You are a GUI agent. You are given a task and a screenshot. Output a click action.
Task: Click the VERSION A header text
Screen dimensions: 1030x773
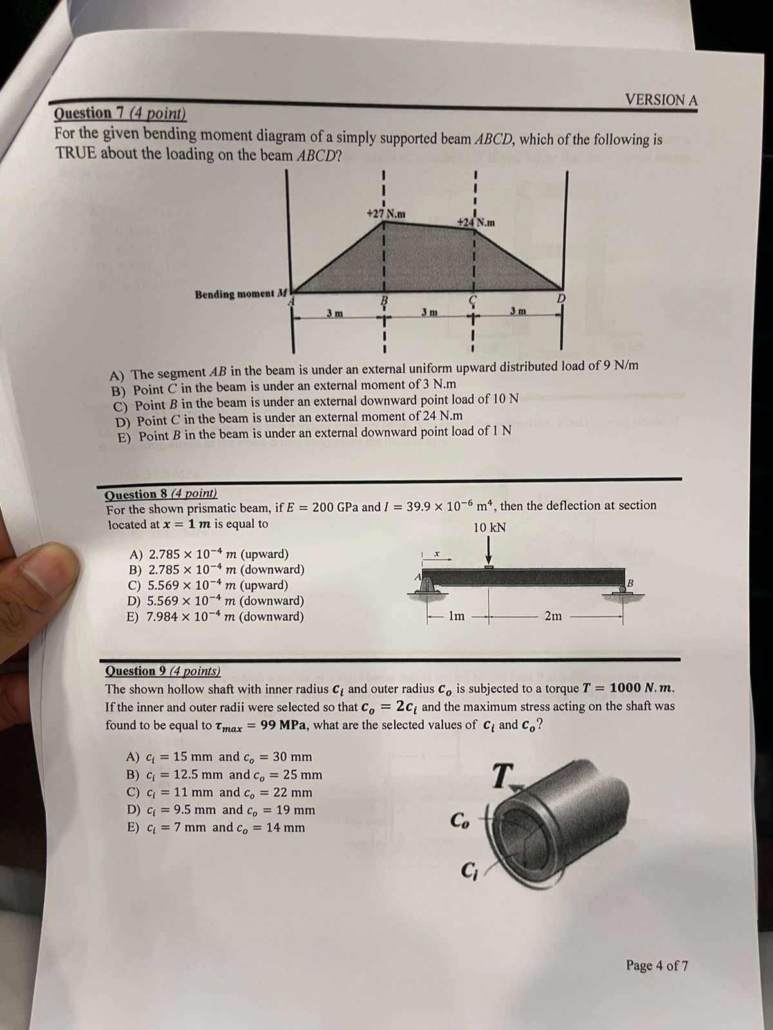(661, 100)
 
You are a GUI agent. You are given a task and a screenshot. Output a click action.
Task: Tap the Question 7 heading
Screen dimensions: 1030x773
(120, 114)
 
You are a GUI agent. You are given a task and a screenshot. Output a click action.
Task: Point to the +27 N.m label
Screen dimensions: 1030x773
(386, 214)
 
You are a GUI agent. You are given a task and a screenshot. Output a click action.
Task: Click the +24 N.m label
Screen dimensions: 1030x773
(476, 223)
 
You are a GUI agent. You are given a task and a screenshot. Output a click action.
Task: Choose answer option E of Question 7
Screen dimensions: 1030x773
(314, 433)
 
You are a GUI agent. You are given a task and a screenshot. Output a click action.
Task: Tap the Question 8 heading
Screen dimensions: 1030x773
(161, 494)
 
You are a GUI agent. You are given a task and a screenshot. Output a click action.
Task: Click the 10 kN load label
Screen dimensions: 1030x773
(490, 527)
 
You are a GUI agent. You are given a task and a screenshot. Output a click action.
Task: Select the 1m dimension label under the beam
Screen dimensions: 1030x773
(456, 616)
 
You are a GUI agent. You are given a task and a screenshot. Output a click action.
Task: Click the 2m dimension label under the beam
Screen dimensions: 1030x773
(553, 616)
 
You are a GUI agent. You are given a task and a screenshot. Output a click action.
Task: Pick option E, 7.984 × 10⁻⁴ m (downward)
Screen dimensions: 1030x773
(216, 616)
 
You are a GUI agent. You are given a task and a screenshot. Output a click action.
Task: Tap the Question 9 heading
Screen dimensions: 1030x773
(162, 671)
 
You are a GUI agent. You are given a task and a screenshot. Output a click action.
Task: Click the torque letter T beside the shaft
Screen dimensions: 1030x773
(501, 773)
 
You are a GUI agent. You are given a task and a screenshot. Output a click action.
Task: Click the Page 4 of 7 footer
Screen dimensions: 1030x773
(656, 966)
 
